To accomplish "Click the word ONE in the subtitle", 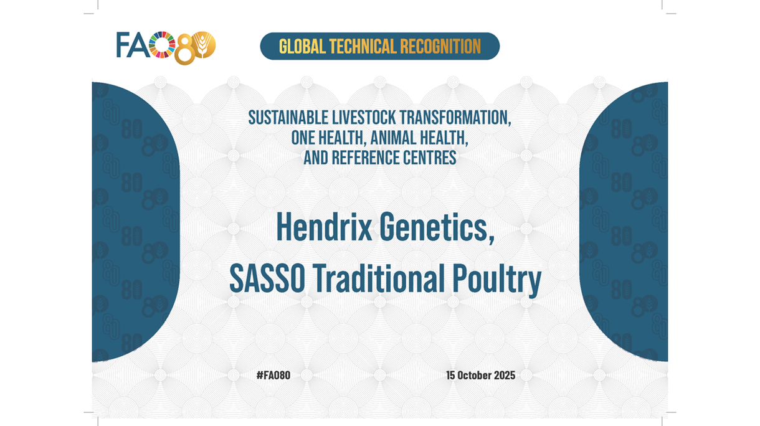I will [303, 138].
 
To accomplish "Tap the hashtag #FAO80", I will [273, 376].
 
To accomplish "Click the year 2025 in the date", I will [503, 376].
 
